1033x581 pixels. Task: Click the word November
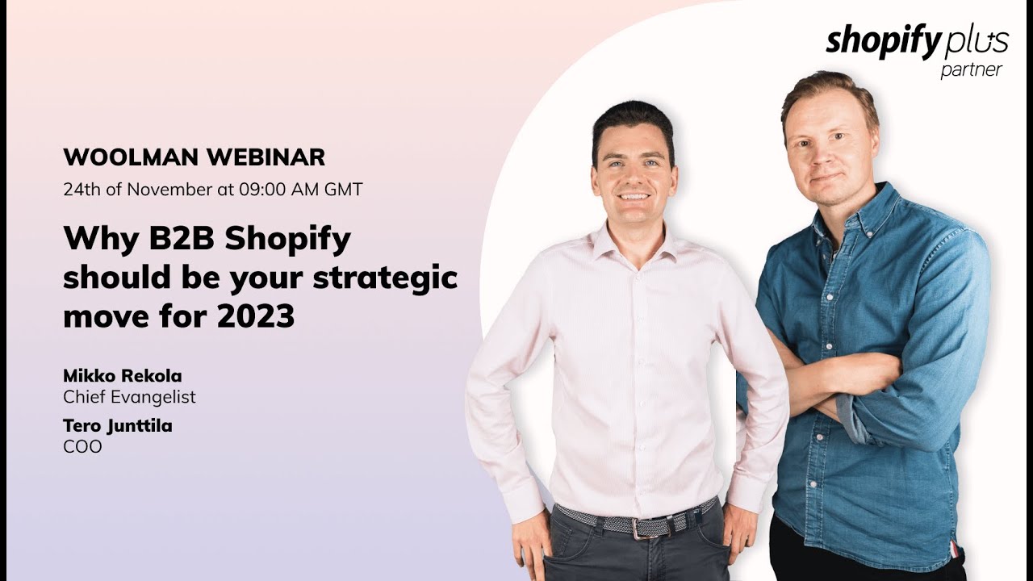click(169, 190)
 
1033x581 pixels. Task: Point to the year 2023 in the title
click(255, 316)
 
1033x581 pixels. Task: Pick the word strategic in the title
click(385, 278)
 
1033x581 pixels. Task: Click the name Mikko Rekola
click(123, 376)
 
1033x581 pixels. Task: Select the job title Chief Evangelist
click(129, 397)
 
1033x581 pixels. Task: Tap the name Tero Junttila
click(118, 426)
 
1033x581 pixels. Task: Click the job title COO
click(82, 446)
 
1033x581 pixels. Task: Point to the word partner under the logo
click(971, 70)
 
